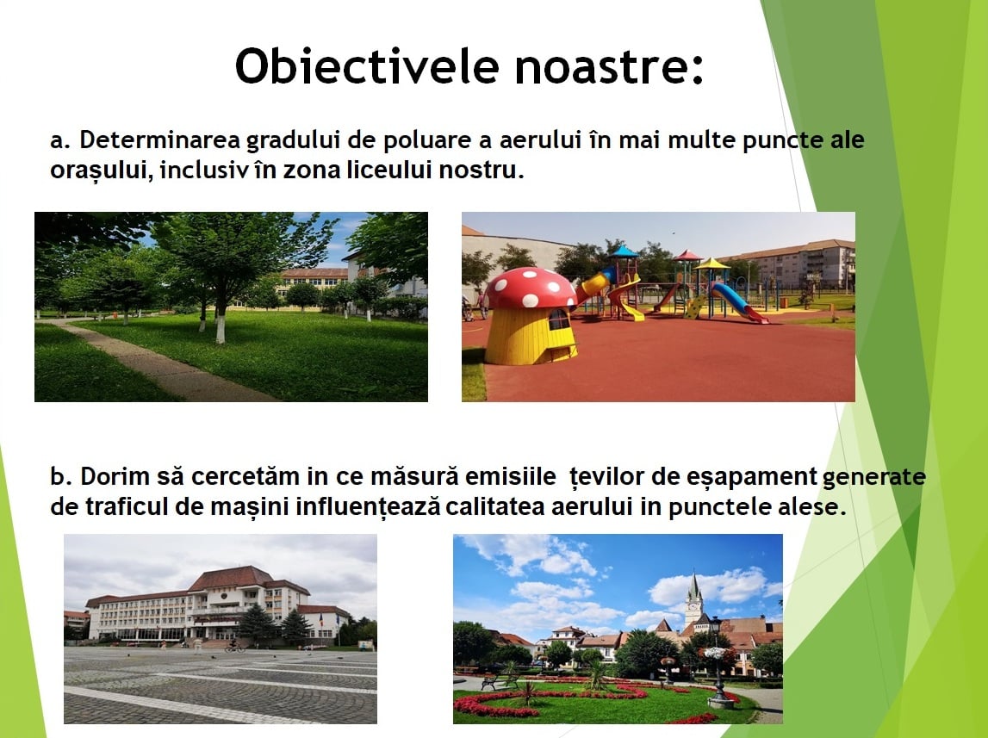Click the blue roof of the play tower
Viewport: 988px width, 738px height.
[x=623, y=252]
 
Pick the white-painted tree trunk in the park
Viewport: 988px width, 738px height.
[x=221, y=327]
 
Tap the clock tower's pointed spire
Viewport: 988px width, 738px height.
[x=693, y=586]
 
